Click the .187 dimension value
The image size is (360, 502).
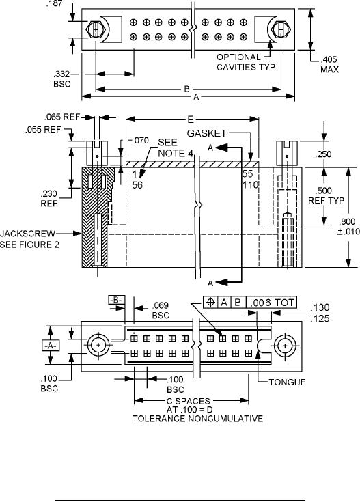pos(55,3)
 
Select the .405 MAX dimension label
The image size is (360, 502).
pos(329,64)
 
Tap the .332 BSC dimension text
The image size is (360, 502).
pos(61,79)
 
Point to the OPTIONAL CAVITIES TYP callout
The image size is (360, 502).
pos(246,62)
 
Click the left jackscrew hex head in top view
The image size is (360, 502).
pos(96,30)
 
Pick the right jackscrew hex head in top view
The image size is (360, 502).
pos(281,30)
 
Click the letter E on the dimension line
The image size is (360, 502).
pos(191,120)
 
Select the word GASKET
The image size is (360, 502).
pos(206,133)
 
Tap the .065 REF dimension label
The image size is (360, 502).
pos(62,117)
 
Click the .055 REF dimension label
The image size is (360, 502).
pos(43,130)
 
